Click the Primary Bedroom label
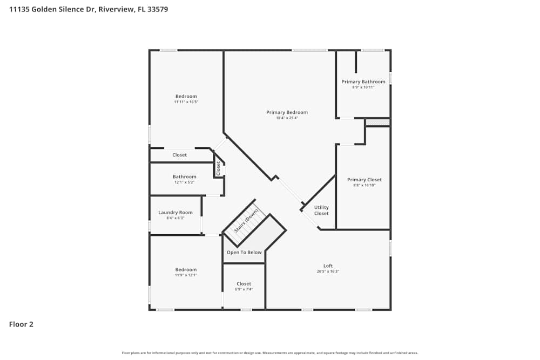coord(287,112)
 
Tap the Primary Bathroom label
coord(363,81)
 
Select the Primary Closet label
coord(364,180)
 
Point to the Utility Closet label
coord(321,210)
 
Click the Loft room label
coord(328,266)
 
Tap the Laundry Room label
coord(175,213)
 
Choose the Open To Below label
coord(244,253)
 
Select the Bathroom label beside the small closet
coord(184,176)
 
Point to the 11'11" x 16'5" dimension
coord(186,102)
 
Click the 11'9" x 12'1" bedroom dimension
coord(186,275)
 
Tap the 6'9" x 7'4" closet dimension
coord(244,289)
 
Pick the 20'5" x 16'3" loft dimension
coord(328,271)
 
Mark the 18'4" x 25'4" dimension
coord(287,118)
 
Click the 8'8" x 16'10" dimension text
coord(364,185)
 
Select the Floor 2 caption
coord(21,324)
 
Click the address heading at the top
coord(89,9)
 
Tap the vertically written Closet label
coord(218,168)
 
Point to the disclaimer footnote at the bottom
coord(270,353)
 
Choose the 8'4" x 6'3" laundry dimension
coord(175,218)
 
